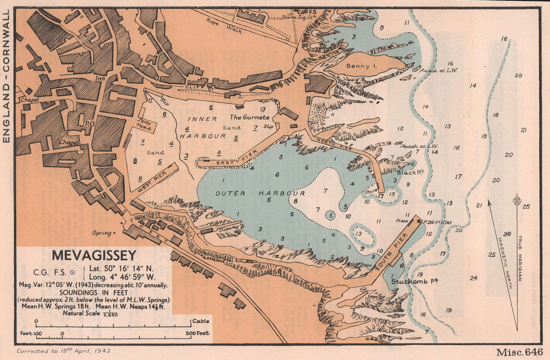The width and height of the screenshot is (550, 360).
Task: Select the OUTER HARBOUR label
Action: (260, 194)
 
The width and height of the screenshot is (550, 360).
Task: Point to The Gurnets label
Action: (249, 117)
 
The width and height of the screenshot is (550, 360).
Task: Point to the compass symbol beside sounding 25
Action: (516, 200)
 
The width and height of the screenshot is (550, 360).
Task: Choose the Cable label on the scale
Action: (200, 320)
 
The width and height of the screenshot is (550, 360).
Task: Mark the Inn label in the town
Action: (100, 79)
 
